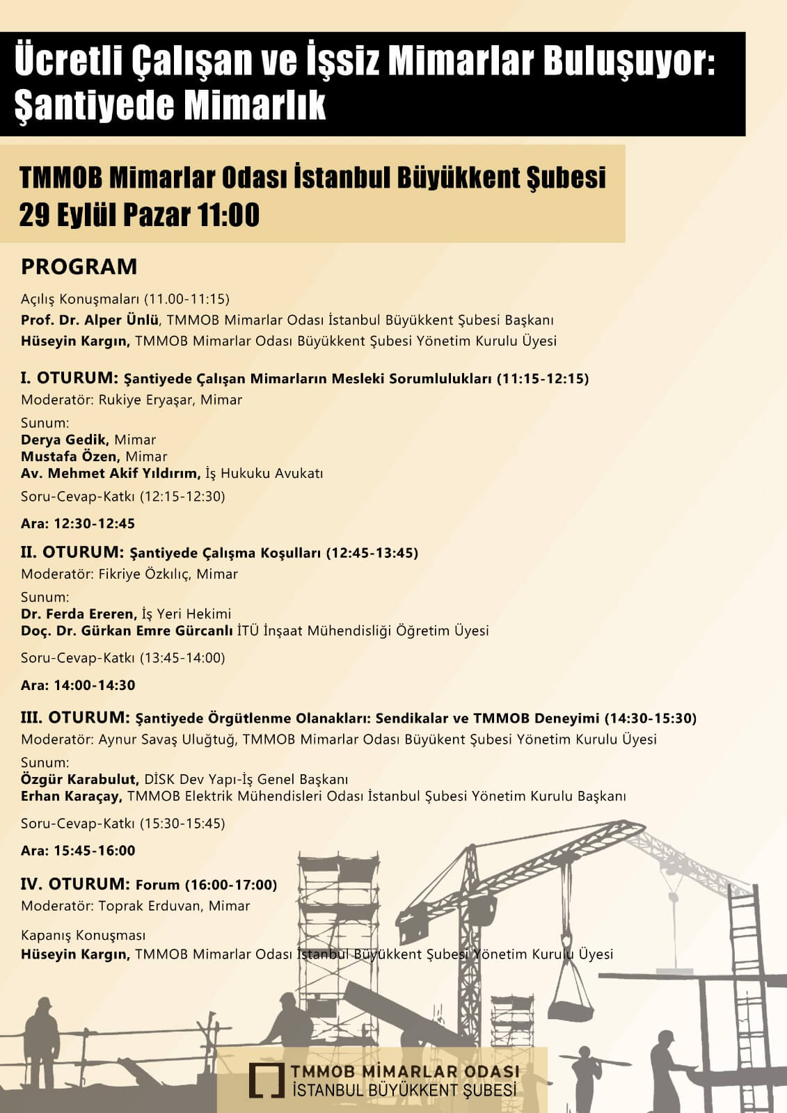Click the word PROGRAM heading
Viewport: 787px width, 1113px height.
(x=79, y=266)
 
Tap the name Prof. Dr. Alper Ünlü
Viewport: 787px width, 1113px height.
(x=90, y=320)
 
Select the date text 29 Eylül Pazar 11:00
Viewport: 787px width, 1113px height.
(x=139, y=215)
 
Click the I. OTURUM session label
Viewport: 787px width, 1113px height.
(x=70, y=378)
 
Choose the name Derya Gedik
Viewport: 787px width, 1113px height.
(x=64, y=440)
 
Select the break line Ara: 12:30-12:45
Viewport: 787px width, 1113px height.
(x=78, y=523)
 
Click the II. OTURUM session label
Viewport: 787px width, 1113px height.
(x=72, y=552)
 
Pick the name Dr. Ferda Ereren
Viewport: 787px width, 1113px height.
(x=78, y=614)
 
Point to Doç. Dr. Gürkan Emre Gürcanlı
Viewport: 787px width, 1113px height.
(x=127, y=631)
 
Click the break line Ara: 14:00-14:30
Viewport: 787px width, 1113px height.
(x=78, y=684)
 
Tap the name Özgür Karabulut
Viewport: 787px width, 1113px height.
(x=79, y=779)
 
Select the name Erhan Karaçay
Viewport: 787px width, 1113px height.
(x=71, y=796)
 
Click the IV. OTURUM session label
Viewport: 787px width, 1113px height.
(x=75, y=884)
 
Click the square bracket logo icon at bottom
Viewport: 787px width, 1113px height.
(x=266, y=1080)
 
